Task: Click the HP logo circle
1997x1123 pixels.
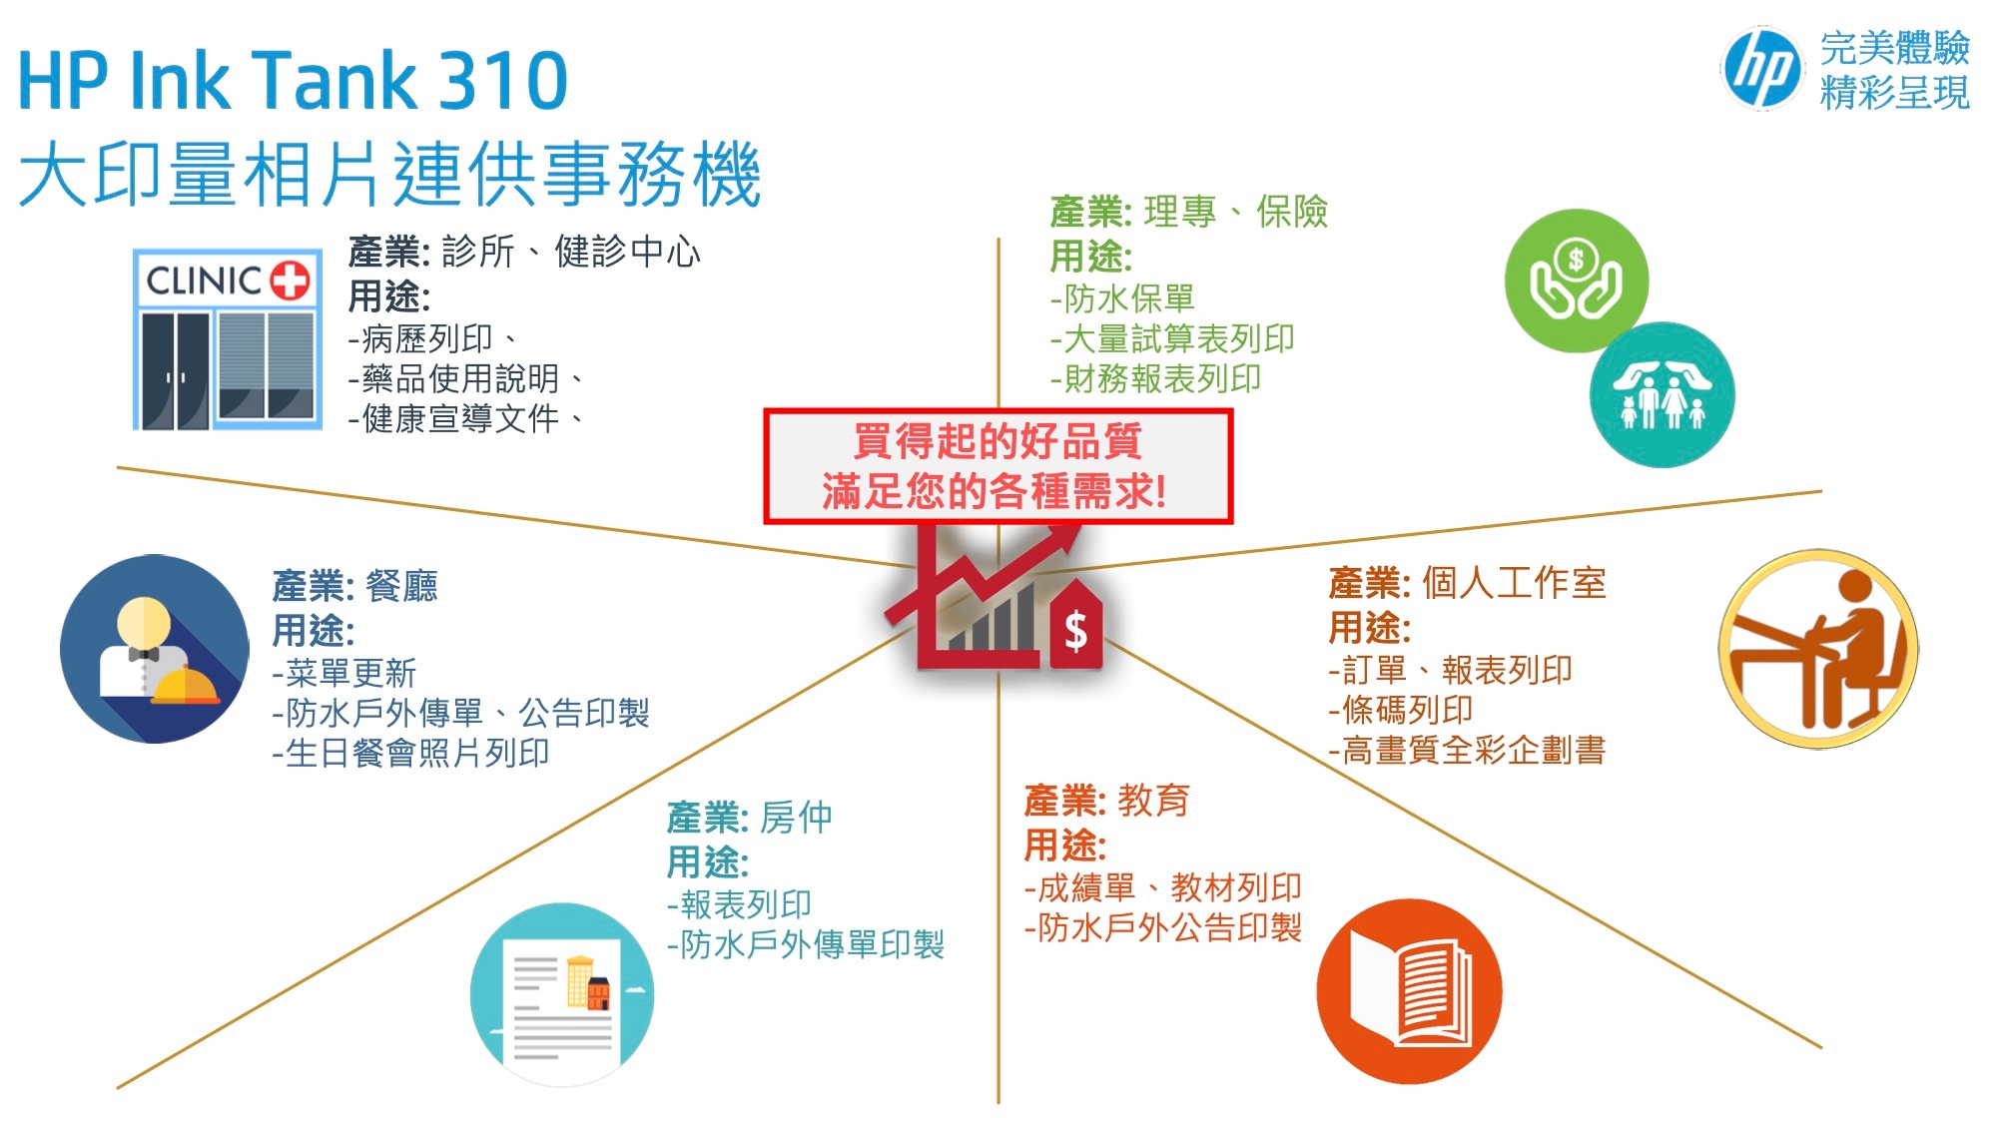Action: tap(1762, 68)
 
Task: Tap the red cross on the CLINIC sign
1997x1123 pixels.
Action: tap(291, 281)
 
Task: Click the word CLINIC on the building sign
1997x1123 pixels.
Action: tap(205, 281)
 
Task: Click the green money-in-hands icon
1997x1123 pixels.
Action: tap(1576, 281)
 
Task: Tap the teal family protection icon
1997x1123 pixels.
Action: tap(1663, 395)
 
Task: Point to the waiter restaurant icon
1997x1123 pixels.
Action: tap(155, 649)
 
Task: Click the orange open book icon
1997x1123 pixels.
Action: tap(1409, 991)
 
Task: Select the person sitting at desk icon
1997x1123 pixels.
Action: tap(1818, 649)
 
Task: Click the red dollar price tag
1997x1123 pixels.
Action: tap(1075, 626)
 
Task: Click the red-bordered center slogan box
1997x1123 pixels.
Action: tap(998, 466)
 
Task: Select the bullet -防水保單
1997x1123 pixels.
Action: tap(1122, 298)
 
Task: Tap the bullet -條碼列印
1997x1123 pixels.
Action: tap(1401, 710)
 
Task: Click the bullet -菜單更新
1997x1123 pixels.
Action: tap(343, 673)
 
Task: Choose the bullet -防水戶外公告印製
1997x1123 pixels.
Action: tap(1163, 927)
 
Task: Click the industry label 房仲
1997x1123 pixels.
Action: tap(796, 818)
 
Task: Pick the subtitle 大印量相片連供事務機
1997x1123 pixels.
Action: tap(390, 174)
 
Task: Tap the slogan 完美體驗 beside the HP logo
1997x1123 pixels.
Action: tap(1894, 47)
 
